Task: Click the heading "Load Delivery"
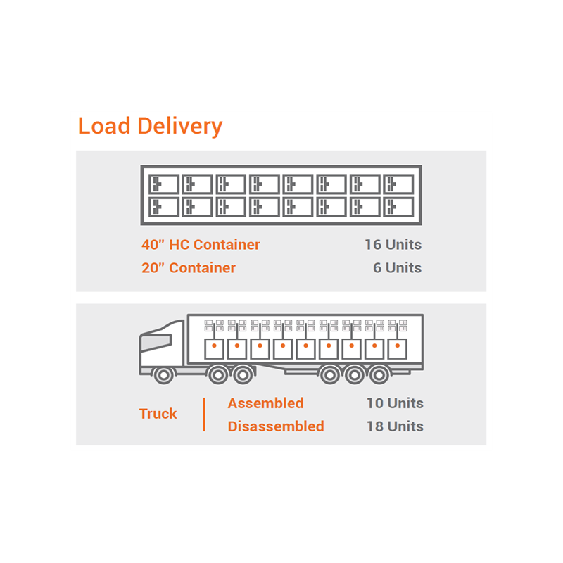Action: pos(150,127)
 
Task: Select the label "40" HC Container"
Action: pos(201,245)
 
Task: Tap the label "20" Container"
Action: pos(189,268)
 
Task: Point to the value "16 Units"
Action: pos(393,245)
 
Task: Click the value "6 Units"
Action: pos(397,268)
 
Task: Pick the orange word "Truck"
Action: pos(158,414)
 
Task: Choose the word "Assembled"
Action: pos(265,403)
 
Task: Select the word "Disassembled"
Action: pos(276,426)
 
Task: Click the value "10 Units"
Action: pos(395,403)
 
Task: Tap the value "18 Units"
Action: pos(395,426)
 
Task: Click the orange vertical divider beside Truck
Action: pos(204,415)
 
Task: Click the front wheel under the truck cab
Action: pos(164,374)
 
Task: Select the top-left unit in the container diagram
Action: pos(164,184)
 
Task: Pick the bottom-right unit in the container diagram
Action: pos(399,207)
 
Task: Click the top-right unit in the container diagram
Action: pos(399,184)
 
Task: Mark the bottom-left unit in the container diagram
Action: pos(164,207)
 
